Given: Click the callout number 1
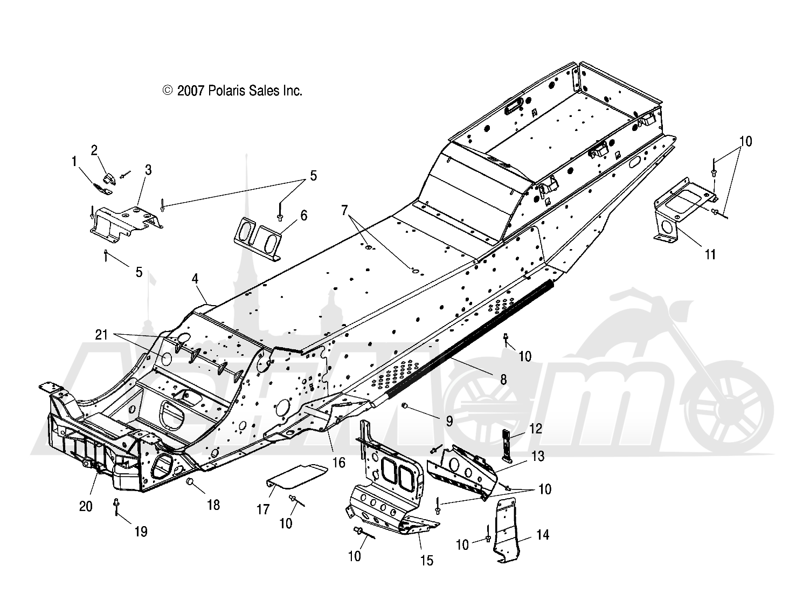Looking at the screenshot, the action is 74,161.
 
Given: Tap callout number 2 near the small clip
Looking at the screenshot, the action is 94,150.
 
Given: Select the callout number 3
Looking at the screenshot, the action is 148,170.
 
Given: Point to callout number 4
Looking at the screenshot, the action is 195,279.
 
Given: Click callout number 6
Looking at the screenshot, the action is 303,216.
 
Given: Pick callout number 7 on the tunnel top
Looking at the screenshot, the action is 344,210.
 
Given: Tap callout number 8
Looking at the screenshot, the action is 503,380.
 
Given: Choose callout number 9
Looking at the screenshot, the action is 449,422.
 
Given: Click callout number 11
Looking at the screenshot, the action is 710,254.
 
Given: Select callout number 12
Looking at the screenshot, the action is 536,428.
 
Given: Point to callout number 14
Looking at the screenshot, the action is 543,535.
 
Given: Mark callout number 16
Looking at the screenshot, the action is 339,463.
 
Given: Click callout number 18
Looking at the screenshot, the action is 213,505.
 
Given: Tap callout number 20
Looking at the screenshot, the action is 86,506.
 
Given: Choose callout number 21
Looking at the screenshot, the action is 101,334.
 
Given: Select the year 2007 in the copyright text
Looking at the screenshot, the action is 190,91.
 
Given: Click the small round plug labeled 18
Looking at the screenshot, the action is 191,481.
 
